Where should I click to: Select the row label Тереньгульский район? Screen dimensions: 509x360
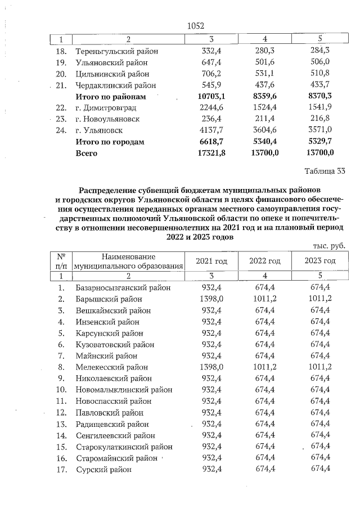(x=116, y=51)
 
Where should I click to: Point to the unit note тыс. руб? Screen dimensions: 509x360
(x=328, y=246)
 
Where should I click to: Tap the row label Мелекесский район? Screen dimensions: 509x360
(x=111, y=367)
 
